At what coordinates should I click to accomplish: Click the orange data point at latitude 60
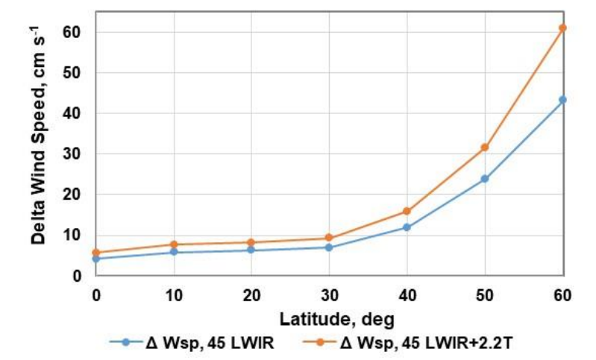[562, 28]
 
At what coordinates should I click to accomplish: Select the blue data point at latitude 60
[562, 100]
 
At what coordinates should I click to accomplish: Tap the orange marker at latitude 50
[485, 148]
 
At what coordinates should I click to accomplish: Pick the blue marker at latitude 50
[485, 179]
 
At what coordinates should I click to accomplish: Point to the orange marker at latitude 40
[407, 212]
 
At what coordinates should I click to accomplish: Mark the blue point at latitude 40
[407, 227]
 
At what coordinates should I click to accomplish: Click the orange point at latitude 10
[174, 244]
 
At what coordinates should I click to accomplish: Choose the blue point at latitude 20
[251, 250]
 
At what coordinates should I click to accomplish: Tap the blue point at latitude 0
[96, 259]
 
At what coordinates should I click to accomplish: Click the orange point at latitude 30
[329, 239]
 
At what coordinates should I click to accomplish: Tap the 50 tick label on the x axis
[485, 294]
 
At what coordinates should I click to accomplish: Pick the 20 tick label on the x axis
[251, 294]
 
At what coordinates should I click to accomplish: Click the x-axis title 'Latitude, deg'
[328, 318]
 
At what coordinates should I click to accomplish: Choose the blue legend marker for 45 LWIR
[127, 342]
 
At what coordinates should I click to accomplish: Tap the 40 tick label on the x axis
[407, 294]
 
